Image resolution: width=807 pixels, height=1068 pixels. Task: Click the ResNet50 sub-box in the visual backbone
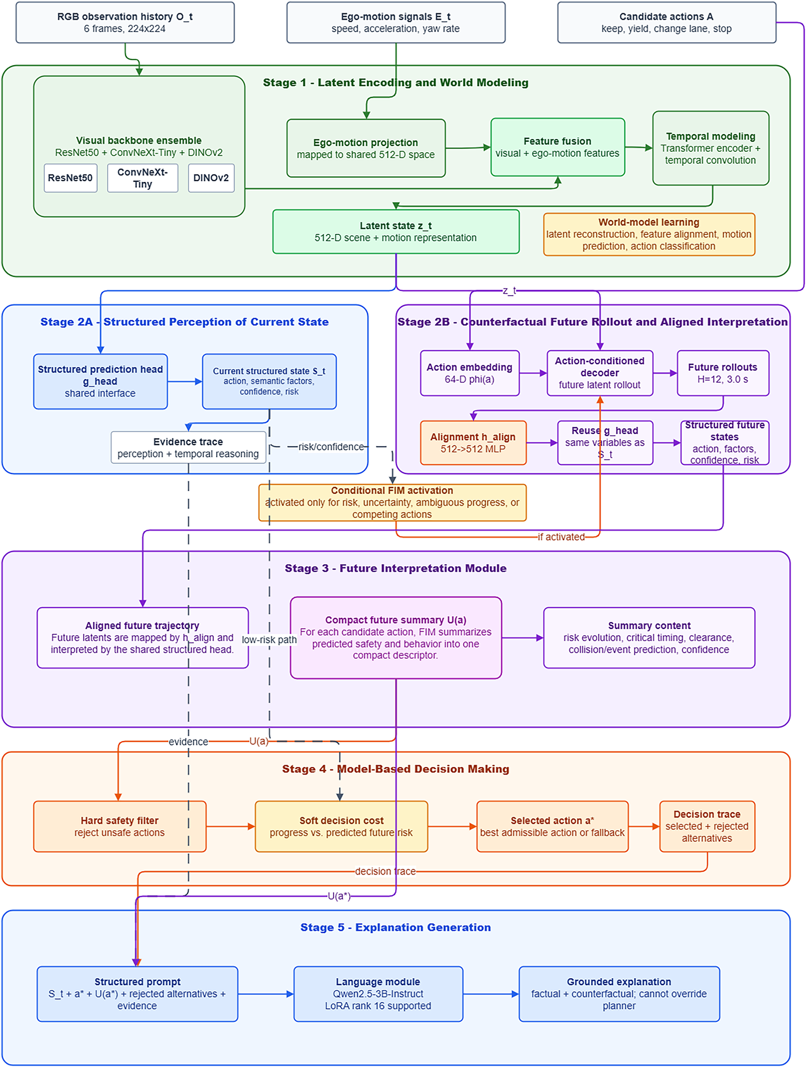[x=71, y=178]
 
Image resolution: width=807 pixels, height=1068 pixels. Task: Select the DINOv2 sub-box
[x=211, y=178]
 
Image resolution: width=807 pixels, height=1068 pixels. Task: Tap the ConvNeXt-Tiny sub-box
[x=142, y=178]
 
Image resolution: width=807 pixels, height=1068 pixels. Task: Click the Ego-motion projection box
[x=366, y=148]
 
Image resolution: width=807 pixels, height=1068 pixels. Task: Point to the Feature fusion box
[x=558, y=147]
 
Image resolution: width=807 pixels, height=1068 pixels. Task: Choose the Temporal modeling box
[x=711, y=148]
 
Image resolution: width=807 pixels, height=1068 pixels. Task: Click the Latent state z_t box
[x=396, y=231]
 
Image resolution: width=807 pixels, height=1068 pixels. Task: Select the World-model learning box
[x=649, y=234]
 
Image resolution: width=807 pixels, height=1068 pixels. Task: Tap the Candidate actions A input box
[x=666, y=22]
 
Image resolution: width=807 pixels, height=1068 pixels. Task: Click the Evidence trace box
[x=188, y=447]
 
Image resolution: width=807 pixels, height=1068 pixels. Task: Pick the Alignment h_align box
[x=473, y=443]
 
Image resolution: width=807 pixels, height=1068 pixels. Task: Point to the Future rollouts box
[x=723, y=373]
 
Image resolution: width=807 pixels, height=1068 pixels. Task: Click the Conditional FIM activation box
[x=392, y=502]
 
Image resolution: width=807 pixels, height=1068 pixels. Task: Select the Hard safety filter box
[x=120, y=827]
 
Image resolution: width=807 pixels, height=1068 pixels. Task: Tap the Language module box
[x=378, y=994]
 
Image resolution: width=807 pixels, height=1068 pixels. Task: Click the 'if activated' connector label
[x=561, y=537]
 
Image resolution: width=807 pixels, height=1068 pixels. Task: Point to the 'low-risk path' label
[x=269, y=640]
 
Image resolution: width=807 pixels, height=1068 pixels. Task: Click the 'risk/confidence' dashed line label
[x=331, y=447]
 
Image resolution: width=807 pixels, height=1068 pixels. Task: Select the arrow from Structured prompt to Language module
[x=266, y=994]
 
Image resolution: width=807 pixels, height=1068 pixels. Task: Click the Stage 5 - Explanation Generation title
[x=395, y=927]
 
